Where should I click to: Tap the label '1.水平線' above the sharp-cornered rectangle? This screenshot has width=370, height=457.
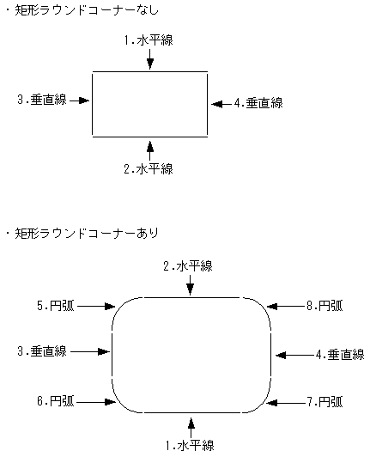pos(149,40)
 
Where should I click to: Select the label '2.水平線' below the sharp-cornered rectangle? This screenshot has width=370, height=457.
pos(149,168)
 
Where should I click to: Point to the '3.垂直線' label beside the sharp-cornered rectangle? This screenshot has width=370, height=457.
pos(42,100)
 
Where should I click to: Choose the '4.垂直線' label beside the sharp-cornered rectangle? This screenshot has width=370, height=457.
pos(258,103)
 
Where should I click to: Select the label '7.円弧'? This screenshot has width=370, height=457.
pos(325,401)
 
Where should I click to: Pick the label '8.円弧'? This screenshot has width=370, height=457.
pos(325,304)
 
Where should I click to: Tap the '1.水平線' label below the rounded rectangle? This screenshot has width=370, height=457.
pos(190,445)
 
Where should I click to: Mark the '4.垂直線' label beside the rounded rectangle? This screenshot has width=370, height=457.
pos(340,354)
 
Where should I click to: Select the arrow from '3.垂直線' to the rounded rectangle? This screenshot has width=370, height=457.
pos(91,350)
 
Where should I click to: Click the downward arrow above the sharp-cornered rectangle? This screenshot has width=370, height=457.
pos(149,58)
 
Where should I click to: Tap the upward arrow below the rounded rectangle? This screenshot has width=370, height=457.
pos(191,424)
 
